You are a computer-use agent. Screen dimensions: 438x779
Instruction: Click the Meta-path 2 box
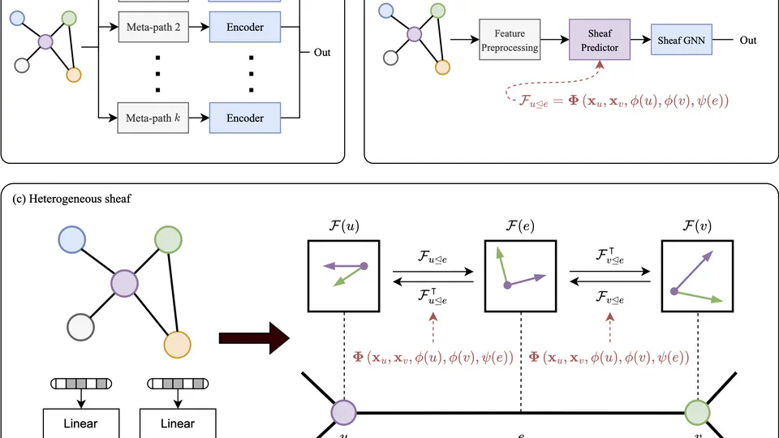[153, 28]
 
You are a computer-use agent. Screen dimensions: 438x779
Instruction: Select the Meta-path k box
[153, 118]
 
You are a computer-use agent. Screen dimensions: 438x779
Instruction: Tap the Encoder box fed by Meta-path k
[245, 118]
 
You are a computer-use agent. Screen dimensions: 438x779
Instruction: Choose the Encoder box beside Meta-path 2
[245, 28]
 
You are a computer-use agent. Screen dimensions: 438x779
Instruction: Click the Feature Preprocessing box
[509, 41]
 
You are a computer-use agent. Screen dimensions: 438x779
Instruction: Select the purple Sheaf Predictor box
[603, 41]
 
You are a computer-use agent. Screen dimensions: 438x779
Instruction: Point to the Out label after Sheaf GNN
[747, 41]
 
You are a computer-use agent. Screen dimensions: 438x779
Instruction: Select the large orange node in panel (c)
[177, 345]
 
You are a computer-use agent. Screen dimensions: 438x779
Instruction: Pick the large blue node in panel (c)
[72, 239]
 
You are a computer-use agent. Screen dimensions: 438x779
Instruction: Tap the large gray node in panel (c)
[81, 328]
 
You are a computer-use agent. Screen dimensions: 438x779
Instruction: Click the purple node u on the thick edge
[343, 413]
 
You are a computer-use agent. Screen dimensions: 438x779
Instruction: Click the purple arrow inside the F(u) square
[345, 264]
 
